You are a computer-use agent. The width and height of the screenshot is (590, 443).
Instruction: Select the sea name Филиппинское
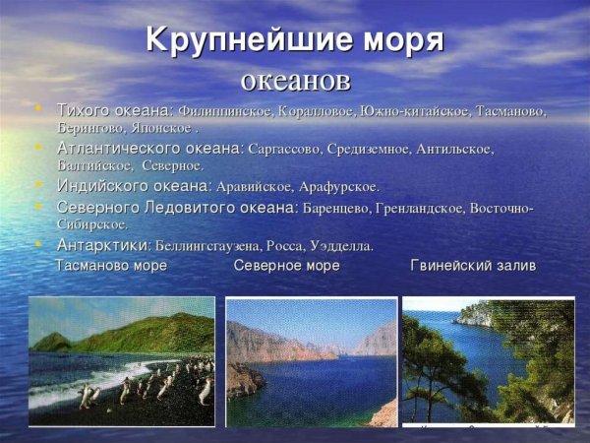[222, 110]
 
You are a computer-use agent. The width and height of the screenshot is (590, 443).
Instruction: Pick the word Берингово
[89, 128]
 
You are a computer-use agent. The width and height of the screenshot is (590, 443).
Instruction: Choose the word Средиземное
[377, 149]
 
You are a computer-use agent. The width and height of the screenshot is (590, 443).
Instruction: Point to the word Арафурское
[340, 186]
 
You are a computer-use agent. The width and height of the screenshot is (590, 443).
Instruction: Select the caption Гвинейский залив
[473, 266]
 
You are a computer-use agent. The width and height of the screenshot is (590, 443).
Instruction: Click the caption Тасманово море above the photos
[112, 266]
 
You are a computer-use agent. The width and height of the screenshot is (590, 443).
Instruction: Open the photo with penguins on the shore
[122, 361]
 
